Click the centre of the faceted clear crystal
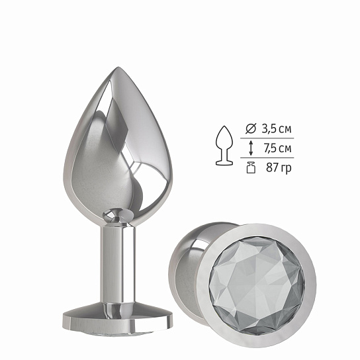[257, 283]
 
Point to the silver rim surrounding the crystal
[257, 233]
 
